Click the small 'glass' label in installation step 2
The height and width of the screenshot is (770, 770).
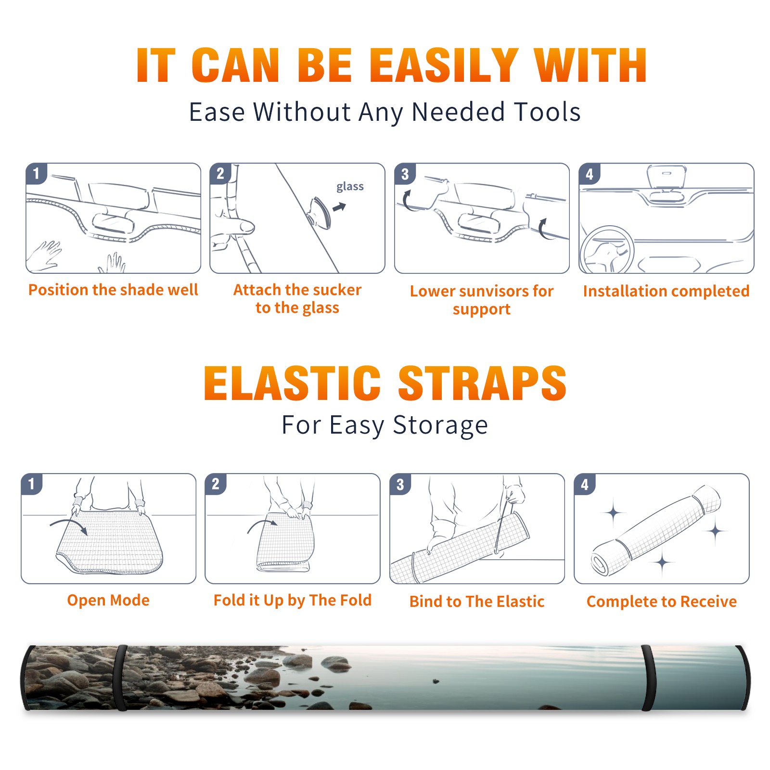[x=350, y=187]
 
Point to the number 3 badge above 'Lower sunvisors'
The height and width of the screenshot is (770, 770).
[x=405, y=174]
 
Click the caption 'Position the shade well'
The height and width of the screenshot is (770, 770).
[x=113, y=290]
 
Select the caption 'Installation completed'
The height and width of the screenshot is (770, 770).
[x=666, y=291]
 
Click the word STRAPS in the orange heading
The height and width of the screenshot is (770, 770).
[x=482, y=383]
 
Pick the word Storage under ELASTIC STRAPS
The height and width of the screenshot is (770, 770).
[x=440, y=425]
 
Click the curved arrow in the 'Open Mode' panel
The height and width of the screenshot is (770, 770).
[x=69, y=524]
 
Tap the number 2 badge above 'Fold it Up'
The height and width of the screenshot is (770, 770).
[x=216, y=484]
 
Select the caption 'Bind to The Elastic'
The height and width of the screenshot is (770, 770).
[x=477, y=602]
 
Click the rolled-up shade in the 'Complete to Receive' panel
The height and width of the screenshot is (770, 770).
[x=656, y=530]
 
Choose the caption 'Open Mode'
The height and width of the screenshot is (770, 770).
[x=108, y=601]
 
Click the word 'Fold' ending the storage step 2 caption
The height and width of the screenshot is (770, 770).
[x=356, y=600]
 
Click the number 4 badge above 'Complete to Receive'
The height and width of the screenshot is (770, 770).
[x=585, y=484]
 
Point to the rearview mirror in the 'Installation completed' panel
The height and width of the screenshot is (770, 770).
[x=666, y=177]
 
